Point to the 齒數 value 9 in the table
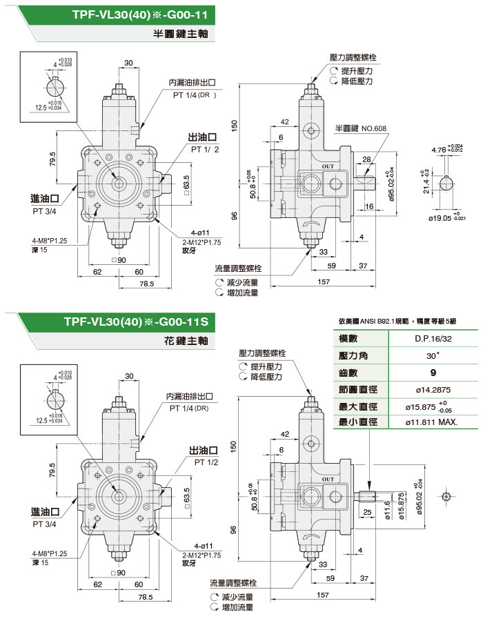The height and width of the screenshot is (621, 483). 433,373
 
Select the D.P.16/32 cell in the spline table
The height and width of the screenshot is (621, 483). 433,340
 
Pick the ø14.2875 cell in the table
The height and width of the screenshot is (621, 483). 433,389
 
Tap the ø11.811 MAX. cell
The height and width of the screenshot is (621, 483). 433,422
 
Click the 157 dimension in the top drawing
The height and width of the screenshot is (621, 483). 323,282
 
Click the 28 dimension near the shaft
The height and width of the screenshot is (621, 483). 366,160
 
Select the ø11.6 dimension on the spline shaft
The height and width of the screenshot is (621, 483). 386,514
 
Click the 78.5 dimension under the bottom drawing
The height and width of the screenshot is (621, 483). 145,595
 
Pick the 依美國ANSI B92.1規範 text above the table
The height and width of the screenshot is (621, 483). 372,321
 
